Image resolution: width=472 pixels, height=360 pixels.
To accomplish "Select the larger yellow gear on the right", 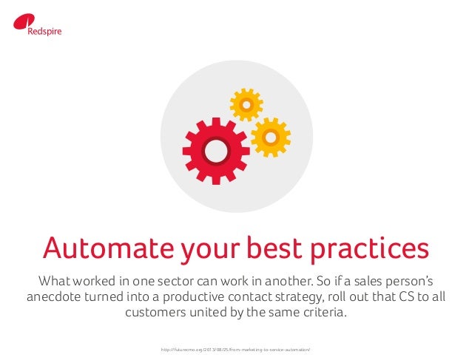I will point(270,137).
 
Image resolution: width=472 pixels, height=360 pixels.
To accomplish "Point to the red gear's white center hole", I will point(215,150).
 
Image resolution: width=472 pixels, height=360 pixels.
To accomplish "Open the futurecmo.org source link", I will point(236,346).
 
